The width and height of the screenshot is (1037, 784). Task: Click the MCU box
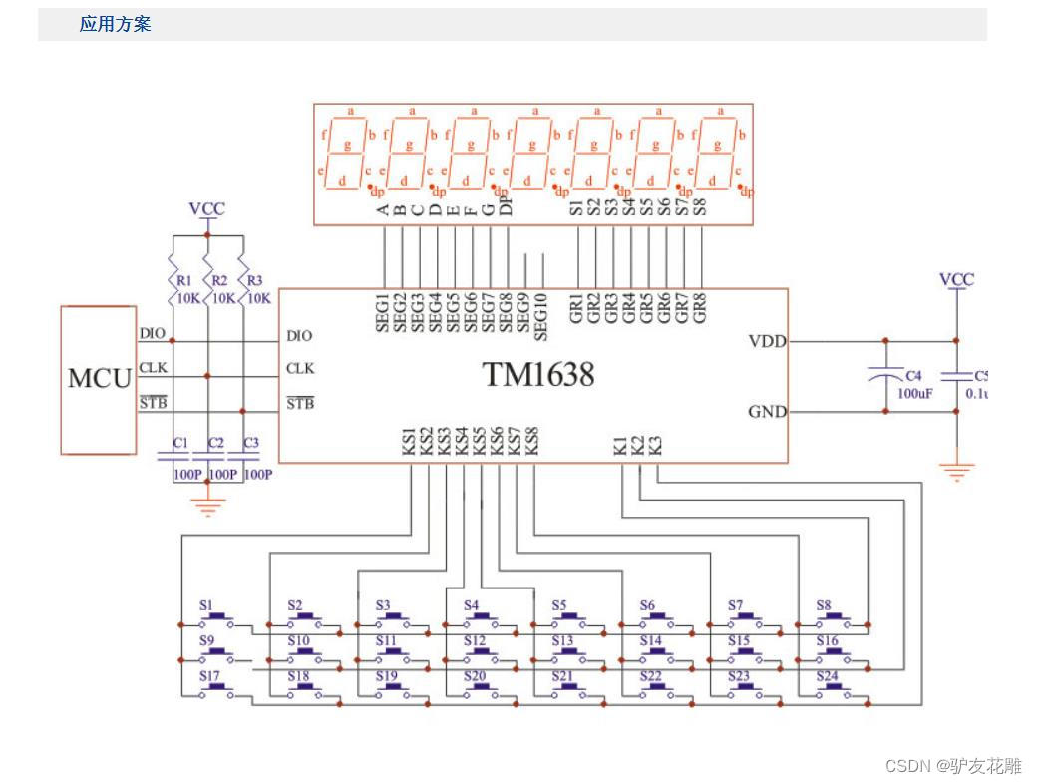[99, 380]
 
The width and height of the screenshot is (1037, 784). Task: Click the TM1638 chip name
[538, 375]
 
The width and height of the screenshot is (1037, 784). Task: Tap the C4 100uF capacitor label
[913, 376]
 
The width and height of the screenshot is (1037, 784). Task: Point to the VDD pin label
[767, 341]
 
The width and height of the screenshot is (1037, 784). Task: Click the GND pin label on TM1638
[767, 411]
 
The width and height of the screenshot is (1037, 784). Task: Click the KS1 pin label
[410, 442]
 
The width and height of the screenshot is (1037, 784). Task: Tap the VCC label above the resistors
[206, 209]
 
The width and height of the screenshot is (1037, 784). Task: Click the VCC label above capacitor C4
[956, 280]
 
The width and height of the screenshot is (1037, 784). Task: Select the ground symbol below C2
[207, 507]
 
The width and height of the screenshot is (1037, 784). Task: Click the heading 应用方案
[115, 25]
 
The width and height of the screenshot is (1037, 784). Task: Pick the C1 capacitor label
[180, 442]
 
